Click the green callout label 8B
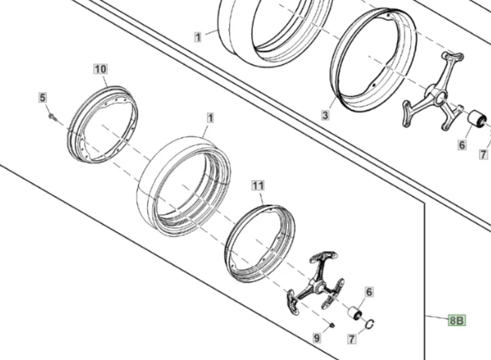click(x=457, y=320)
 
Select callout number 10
click(x=101, y=69)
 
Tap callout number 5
click(x=42, y=98)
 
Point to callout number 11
click(x=258, y=185)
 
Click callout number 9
click(x=316, y=338)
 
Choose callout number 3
click(x=325, y=115)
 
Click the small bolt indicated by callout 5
click(x=52, y=117)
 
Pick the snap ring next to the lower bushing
click(x=370, y=324)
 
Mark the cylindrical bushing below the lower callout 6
click(x=355, y=313)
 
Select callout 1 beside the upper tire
click(x=197, y=37)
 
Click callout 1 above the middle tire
click(x=210, y=118)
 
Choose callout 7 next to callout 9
click(x=352, y=339)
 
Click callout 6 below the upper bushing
click(x=462, y=145)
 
